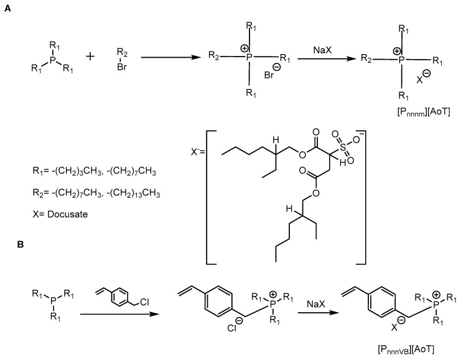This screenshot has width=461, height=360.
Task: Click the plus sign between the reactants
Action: [x=90, y=57]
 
